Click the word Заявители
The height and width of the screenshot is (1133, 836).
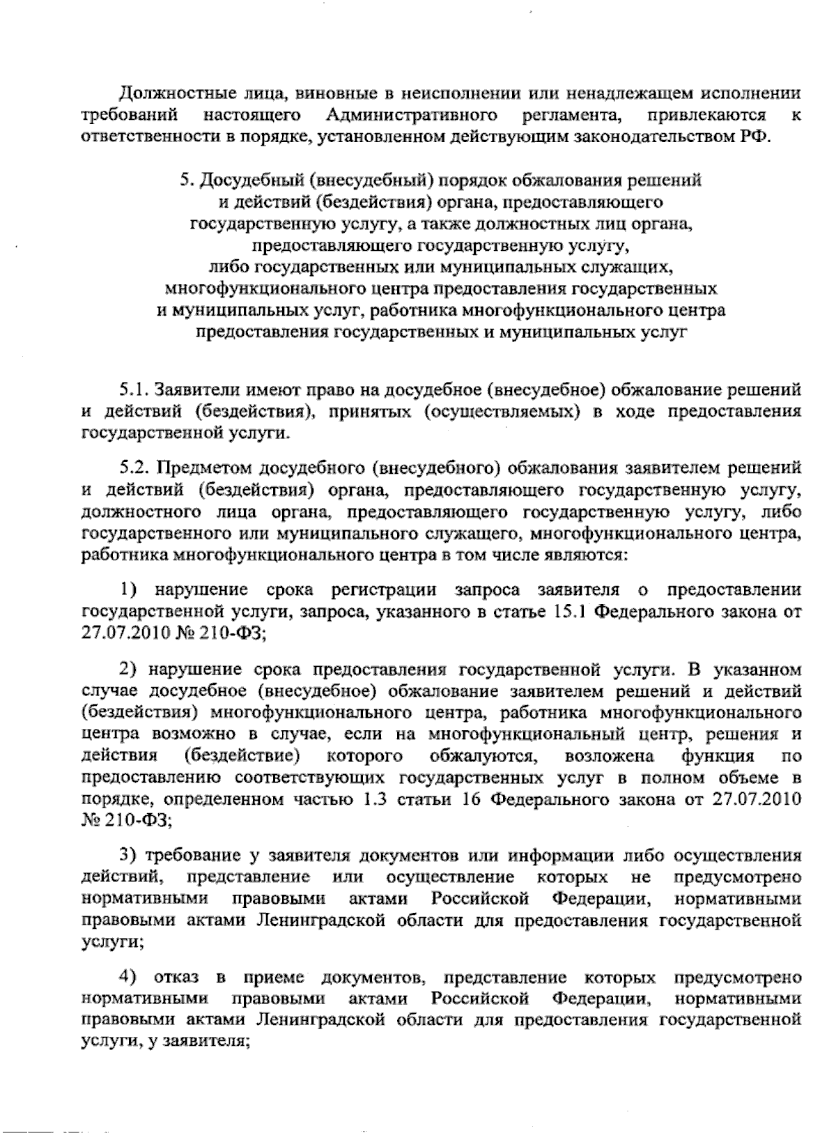coord(188,389)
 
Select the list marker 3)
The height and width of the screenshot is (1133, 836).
coord(130,856)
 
